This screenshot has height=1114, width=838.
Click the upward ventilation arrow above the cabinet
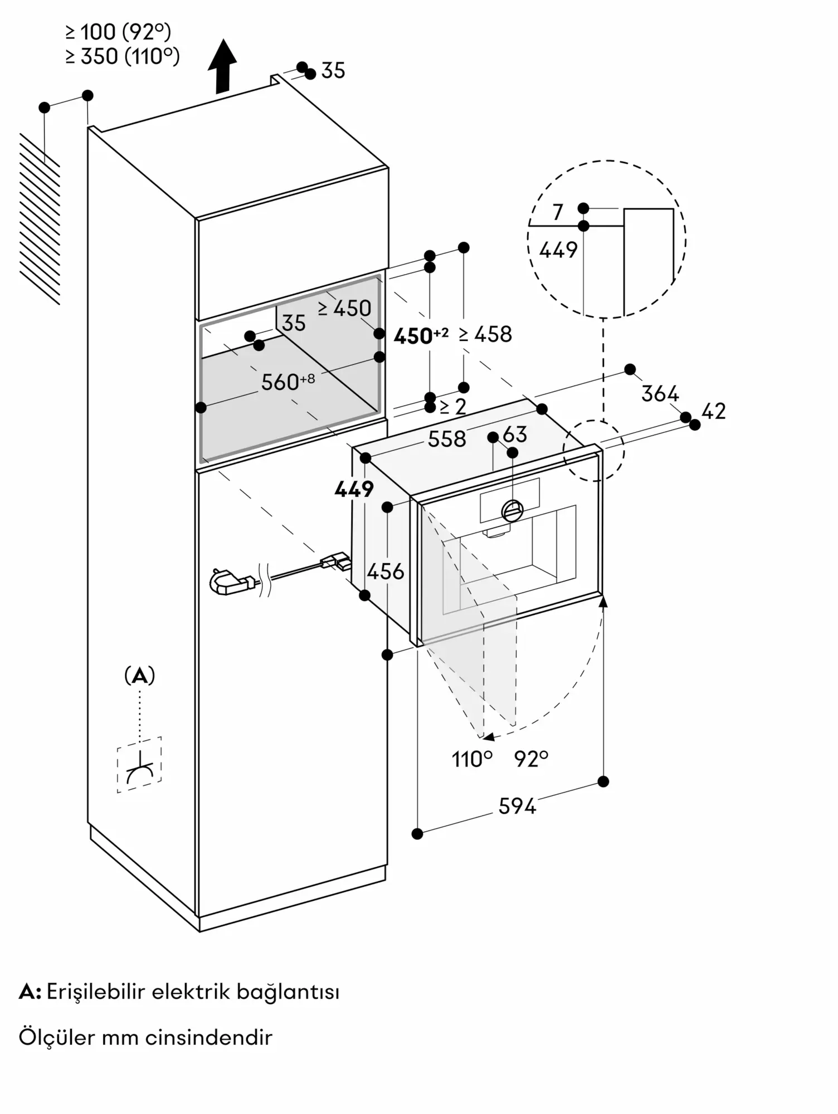coord(222,66)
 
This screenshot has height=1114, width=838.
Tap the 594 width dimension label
coord(517,806)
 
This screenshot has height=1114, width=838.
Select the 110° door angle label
coord(472,759)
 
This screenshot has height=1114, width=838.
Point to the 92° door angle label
coord(532,759)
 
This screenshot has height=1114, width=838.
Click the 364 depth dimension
coord(660,394)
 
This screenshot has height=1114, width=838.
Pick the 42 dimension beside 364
coord(714,411)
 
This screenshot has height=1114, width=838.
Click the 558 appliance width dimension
coord(447,439)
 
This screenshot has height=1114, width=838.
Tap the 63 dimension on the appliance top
coord(515,434)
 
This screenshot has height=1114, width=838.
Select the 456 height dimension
coord(386,571)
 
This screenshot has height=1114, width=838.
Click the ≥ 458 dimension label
coord(485,334)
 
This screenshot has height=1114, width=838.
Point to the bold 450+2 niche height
coord(421,335)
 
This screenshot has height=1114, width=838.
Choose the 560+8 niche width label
coord(288,382)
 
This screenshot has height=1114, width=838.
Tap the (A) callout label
coord(139,676)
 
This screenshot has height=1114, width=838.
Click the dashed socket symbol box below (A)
coord(139,765)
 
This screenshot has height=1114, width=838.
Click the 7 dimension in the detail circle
coord(558,212)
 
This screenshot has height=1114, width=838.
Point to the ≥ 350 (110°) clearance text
coord(123,56)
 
